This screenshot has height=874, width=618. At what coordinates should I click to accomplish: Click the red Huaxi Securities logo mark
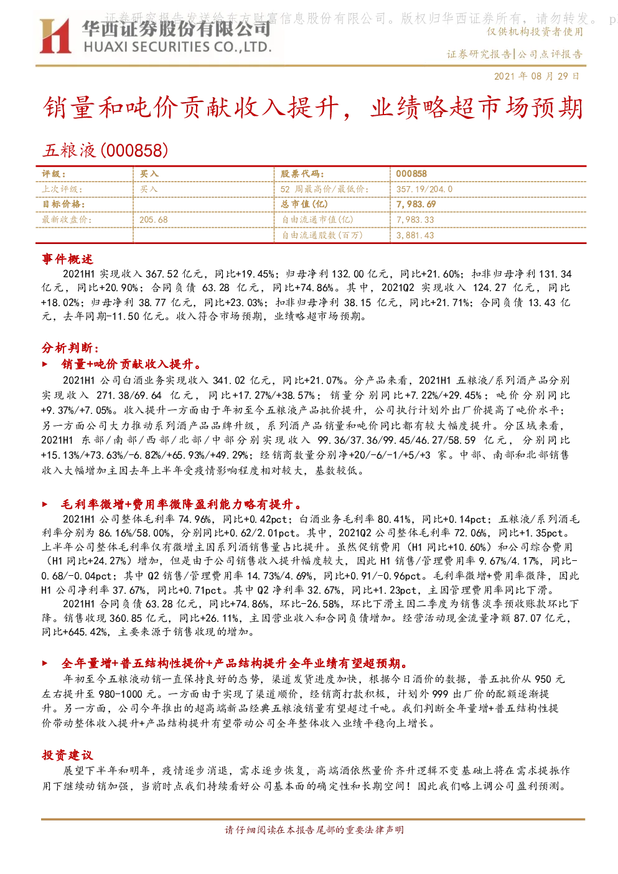pos(55,36)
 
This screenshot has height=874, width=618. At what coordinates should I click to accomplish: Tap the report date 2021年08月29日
pos(537,76)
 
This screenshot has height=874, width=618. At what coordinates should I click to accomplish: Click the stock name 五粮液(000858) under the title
pos(105,150)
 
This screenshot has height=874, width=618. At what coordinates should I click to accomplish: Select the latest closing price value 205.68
pos(153,220)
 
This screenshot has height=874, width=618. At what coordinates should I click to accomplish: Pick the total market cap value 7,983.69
pos(416,204)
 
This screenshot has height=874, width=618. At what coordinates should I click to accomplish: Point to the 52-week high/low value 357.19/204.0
pos(424,189)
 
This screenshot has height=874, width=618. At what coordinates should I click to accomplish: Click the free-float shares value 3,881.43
pos(415,235)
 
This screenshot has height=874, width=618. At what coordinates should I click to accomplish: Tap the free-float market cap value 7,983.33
pos(415,220)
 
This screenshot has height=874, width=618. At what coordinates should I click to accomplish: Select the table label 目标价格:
pos(63,204)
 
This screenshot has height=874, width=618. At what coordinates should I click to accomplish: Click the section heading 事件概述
pos(67,259)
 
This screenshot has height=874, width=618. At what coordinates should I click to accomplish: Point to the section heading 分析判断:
pos(70,347)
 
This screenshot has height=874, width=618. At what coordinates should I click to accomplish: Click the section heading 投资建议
pos(67,755)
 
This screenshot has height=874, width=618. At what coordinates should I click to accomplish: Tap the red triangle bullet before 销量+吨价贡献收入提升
pos(45,364)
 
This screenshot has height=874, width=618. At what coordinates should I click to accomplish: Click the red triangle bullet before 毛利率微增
pos(45,504)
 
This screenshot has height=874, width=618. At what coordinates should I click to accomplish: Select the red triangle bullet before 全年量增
pos(45,663)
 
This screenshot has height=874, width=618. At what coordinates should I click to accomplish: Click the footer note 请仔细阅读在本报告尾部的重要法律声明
pos(314,830)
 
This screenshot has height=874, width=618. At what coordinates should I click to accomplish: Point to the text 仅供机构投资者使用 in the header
pos(535,32)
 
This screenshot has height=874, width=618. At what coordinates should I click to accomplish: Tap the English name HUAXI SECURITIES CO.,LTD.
pos(177,47)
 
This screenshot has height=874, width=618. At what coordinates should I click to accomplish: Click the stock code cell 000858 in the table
pos(411,174)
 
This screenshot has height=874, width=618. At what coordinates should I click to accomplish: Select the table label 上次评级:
pos(62,189)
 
